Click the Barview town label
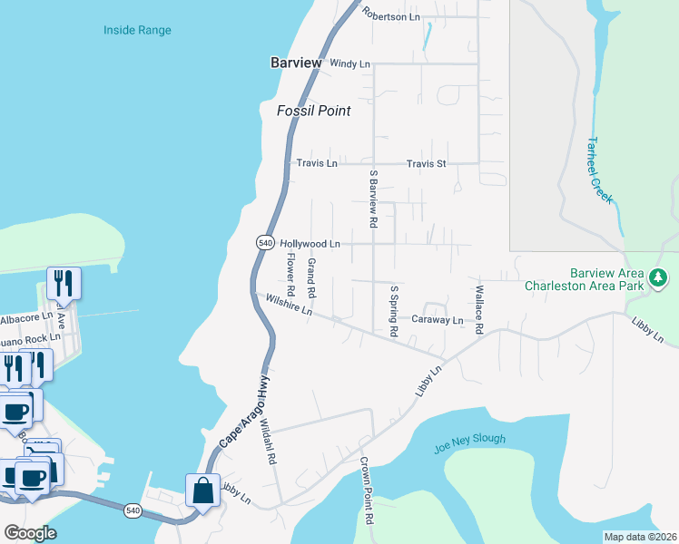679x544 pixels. tap(295, 63)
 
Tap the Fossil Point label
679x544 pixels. tap(313, 111)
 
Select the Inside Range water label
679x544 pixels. tap(137, 31)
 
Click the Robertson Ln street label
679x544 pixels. tap(391, 15)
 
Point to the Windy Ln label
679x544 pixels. tap(350, 64)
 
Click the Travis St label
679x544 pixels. tap(427, 164)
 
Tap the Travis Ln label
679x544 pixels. tap(317, 164)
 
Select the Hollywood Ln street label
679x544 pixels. tap(310, 244)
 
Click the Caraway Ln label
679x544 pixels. tap(438, 320)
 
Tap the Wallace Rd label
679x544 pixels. tap(479, 309)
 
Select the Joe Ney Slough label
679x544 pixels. tap(470, 439)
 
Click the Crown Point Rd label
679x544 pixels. tap(368, 491)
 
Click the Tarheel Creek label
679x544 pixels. tap(599, 170)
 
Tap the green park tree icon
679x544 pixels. tap(658, 278)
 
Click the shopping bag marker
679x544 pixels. tap(202, 491)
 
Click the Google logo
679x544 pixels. tap(30, 533)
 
